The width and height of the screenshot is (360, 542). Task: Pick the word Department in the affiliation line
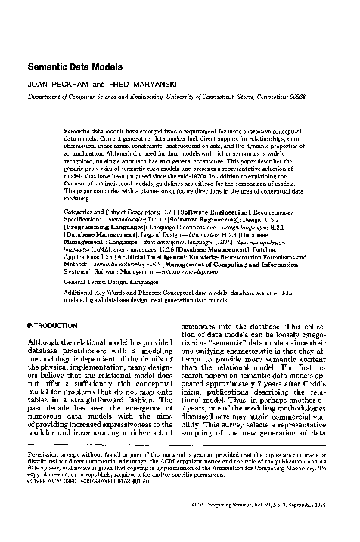tap(45, 98)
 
